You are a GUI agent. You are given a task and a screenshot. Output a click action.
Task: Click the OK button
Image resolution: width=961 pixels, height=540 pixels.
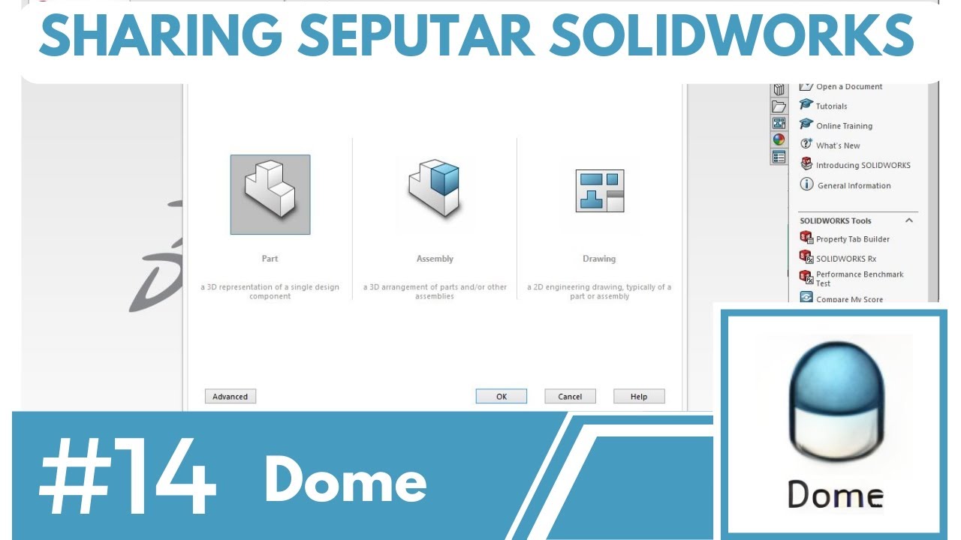[502, 397]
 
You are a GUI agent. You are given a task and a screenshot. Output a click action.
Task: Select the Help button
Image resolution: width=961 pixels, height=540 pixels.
[639, 397]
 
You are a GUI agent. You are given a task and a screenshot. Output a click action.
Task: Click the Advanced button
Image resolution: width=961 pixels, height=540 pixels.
[230, 397]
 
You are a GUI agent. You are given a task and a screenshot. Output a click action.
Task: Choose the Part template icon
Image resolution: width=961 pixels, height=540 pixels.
[270, 195]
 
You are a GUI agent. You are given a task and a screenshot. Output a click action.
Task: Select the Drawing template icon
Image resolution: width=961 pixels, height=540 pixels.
[599, 191]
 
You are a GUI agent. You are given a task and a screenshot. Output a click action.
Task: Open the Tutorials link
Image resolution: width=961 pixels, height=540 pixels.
[831, 106]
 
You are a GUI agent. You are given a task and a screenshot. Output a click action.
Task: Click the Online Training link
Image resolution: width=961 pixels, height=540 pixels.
[844, 126]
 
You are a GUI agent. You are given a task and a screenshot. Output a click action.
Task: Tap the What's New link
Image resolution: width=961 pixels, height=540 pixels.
[838, 145]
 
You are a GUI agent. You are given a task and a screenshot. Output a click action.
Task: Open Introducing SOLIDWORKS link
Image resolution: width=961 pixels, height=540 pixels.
[863, 165]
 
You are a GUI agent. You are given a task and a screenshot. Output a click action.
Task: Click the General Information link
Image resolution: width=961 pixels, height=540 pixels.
[854, 185]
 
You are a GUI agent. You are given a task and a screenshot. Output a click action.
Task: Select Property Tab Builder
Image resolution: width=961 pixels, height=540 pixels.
[852, 239]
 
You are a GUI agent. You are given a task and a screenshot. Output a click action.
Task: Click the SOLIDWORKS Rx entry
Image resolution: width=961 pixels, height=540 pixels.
[845, 259]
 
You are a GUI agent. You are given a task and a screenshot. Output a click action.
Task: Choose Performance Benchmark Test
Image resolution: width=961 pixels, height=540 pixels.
[859, 277]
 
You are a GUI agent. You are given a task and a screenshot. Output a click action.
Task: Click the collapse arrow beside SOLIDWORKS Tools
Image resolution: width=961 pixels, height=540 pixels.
[909, 220]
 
